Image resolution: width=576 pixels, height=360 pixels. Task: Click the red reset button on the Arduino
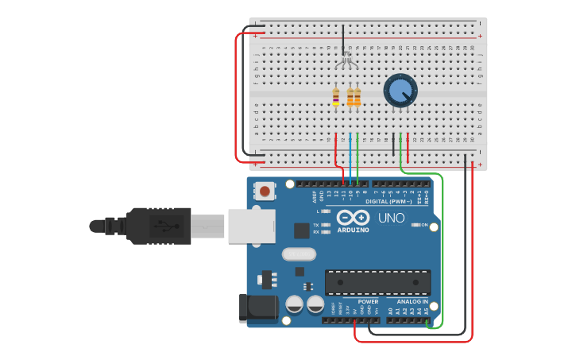click(265, 191)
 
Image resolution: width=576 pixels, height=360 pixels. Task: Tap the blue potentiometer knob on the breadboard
click(400, 91)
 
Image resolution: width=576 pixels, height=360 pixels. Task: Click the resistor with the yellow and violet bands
click(336, 98)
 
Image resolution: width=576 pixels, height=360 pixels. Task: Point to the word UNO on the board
click(391, 218)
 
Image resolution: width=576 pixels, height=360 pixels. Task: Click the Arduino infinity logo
click(353, 217)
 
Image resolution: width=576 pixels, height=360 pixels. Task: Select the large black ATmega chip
click(377, 282)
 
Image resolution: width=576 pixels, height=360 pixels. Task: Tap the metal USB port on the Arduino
click(251, 225)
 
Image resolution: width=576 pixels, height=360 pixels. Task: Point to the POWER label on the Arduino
click(368, 302)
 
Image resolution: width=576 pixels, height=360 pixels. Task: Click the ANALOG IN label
click(412, 302)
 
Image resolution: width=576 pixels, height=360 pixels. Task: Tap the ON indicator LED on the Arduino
click(416, 225)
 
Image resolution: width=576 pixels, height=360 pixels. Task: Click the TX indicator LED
click(325, 225)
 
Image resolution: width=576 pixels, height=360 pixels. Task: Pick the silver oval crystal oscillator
click(298, 254)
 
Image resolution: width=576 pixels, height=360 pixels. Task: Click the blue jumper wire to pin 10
click(350, 155)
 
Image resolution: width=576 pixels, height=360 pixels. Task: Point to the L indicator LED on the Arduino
click(325, 211)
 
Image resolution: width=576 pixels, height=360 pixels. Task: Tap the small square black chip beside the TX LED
click(301, 230)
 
